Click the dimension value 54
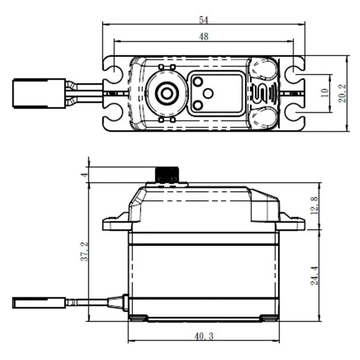pyautogui.click(x=204, y=20)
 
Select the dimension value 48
pyautogui.click(x=204, y=37)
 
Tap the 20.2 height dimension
pyautogui.click(x=343, y=94)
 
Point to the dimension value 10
pyautogui.click(x=324, y=93)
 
